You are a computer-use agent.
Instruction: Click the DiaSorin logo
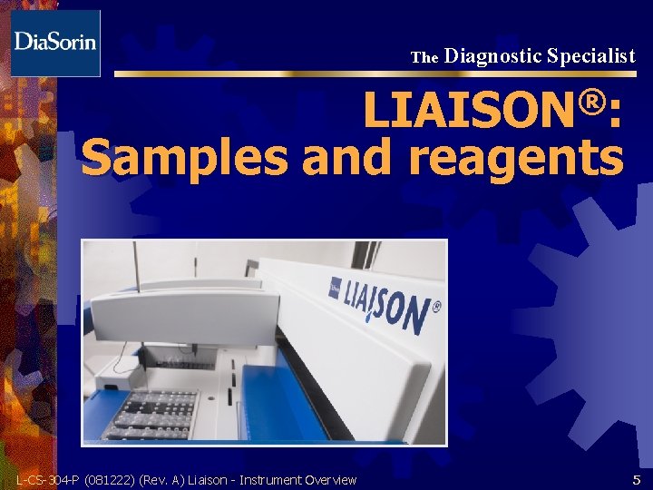pos(55,42)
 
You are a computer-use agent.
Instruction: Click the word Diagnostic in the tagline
pos(491,56)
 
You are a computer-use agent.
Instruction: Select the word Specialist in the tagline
pos(590,56)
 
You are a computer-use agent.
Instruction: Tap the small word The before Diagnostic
pos(424,57)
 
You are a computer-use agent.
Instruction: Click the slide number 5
pos(636,479)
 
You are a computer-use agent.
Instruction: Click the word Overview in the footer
pos(330,480)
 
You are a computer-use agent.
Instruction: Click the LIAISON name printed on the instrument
pos(386,304)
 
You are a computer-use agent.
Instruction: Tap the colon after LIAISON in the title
pos(616,116)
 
